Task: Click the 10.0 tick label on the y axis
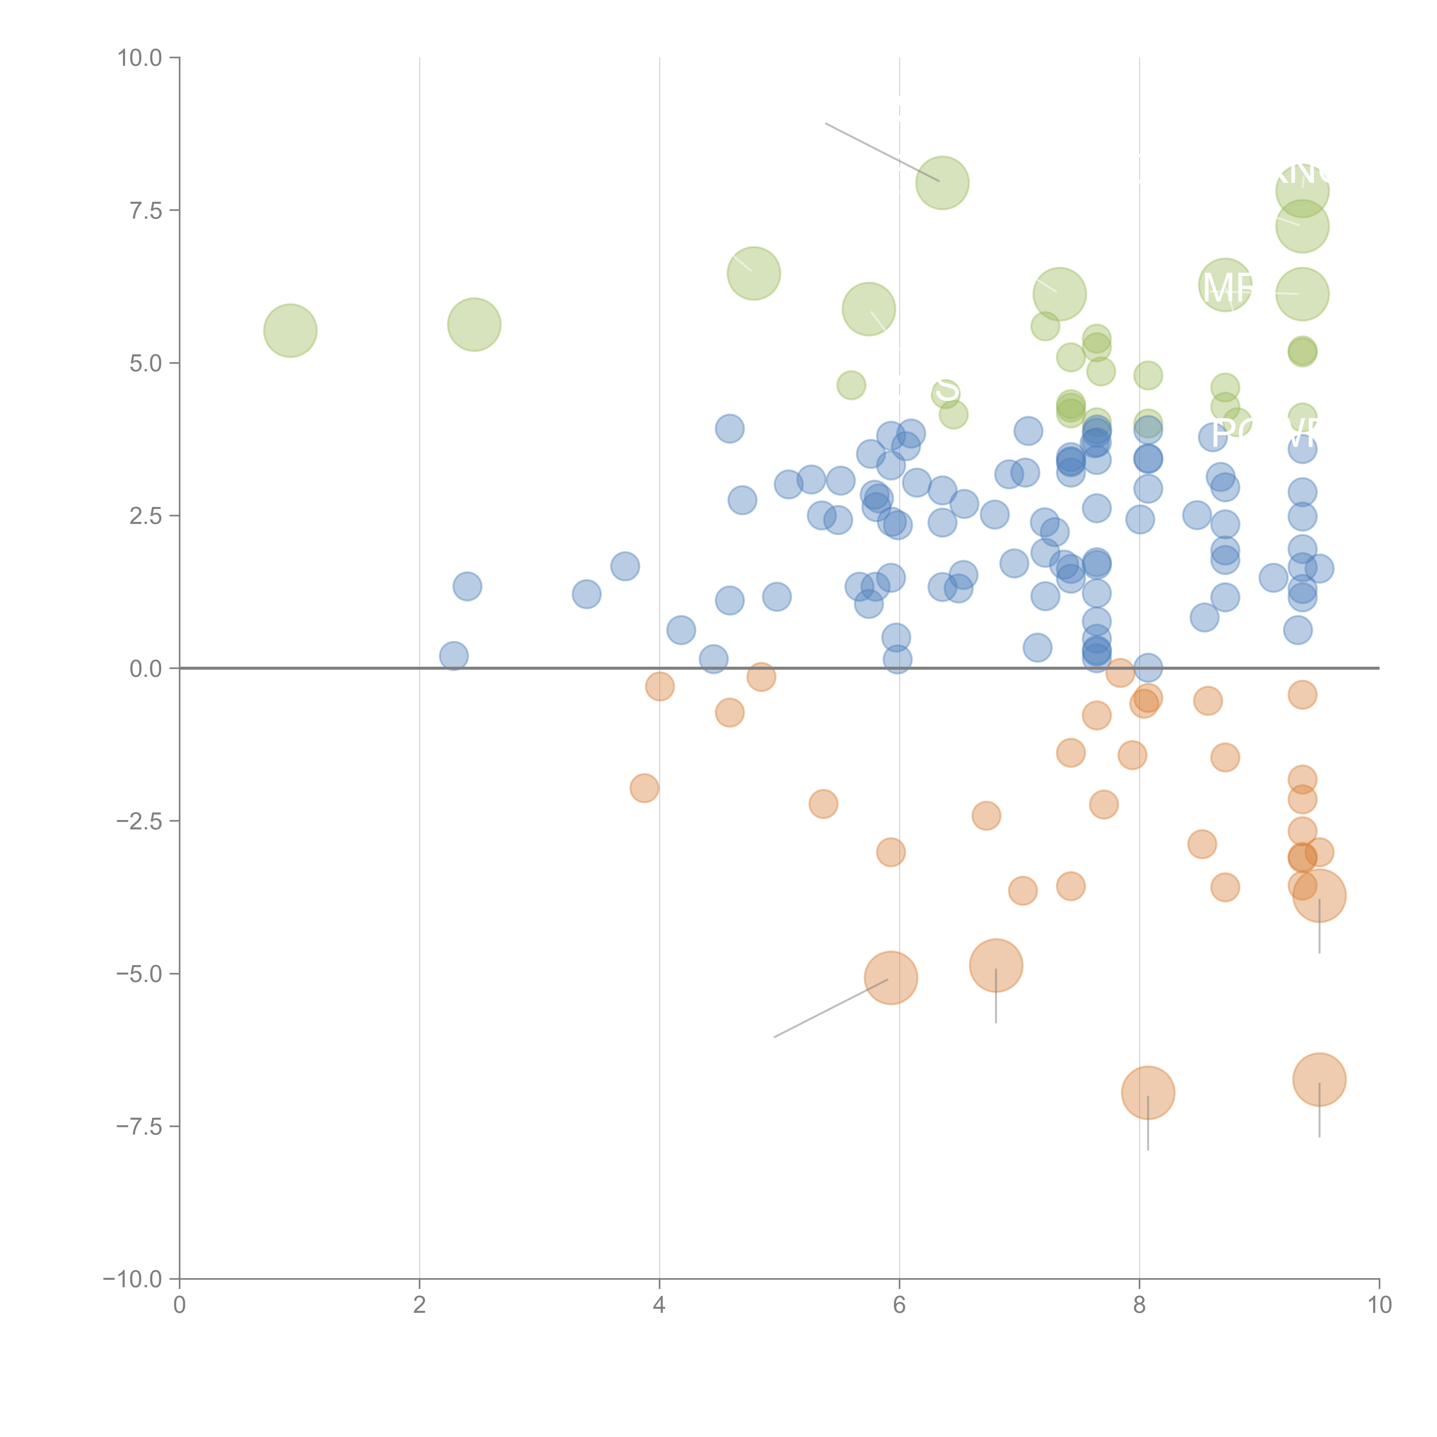pyautogui.click(x=140, y=58)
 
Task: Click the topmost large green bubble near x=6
pyautogui.click(x=942, y=183)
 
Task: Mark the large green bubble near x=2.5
pyautogui.click(x=474, y=324)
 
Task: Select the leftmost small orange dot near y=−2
pyautogui.click(x=644, y=788)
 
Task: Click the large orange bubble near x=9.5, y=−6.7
pyautogui.click(x=1319, y=1079)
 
